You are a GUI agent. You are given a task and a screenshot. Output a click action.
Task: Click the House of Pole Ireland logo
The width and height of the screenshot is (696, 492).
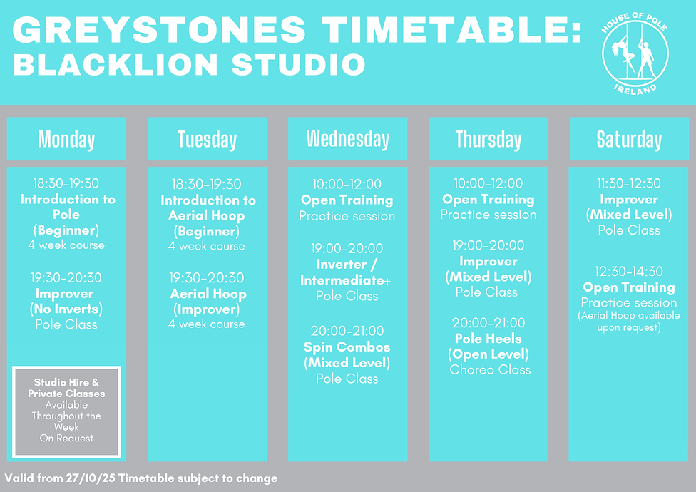pos(635,53)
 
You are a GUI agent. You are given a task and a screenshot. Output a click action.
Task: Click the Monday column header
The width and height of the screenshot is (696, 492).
pos(66,140)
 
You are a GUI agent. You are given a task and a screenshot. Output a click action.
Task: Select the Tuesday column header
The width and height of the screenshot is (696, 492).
pos(207,140)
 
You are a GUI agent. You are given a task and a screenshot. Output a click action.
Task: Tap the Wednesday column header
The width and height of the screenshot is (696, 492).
pos(347,139)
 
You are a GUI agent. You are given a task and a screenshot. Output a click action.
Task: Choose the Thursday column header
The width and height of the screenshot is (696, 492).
pos(488,140)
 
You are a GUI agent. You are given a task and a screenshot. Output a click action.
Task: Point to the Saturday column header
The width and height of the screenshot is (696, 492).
pos(629,140)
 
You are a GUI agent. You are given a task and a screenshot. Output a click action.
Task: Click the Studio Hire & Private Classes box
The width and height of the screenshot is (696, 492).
pos(66,412)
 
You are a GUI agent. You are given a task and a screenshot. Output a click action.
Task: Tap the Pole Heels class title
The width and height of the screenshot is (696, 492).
pos(488,339)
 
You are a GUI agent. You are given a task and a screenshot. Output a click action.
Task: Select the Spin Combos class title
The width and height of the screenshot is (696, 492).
pos(347,347)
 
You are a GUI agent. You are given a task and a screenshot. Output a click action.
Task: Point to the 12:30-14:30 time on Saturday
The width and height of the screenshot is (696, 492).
pos(629,272)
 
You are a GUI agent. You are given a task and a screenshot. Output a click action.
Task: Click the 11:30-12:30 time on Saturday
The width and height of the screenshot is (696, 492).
pos(629,184)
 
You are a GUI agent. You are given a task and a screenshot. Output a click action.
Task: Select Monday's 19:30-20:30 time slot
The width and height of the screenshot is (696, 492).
pos(66,278)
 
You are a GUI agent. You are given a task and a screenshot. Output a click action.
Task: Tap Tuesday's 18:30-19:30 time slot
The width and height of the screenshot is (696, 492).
pos(207,185)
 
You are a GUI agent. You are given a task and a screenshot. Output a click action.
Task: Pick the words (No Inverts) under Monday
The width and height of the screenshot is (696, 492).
pos(66,309)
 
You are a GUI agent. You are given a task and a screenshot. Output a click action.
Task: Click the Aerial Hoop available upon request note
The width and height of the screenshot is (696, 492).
pos(629,322)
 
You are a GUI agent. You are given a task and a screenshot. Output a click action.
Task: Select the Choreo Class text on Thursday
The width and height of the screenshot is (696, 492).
pos(490,370)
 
